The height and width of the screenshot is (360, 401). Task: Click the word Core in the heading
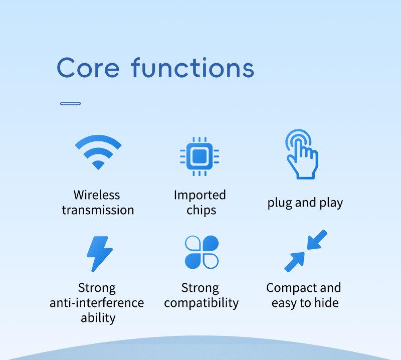tap(88, 68)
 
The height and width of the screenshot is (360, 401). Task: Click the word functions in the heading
tap(192, 68)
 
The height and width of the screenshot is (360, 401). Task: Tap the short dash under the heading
tap(70, 103)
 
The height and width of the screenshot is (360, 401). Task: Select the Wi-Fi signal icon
tap(98, 152)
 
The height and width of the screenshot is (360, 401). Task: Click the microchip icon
tap(199, 156)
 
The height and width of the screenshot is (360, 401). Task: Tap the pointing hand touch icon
tap(302, 154)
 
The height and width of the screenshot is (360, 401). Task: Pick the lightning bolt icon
tap(99, 254)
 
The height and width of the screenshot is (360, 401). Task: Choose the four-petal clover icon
tap(202, 252)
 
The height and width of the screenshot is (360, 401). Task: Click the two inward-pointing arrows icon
tap(306, 251)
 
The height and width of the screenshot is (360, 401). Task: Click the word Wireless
tap(97, 195)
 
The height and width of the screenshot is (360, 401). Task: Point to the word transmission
tap(98, 210)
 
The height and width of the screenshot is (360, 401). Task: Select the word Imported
tap(199, 195)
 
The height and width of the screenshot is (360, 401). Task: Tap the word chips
tap(202, 210)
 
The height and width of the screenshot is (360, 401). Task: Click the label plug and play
tap(305, 203)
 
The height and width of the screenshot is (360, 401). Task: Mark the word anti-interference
tap(97, 303)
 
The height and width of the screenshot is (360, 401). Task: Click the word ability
tap(98, 318)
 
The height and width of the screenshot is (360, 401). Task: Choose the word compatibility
tap(202, 303)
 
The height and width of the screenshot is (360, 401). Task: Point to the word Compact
tap(291, 288)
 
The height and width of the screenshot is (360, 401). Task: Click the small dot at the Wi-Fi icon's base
tap(98, 165)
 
